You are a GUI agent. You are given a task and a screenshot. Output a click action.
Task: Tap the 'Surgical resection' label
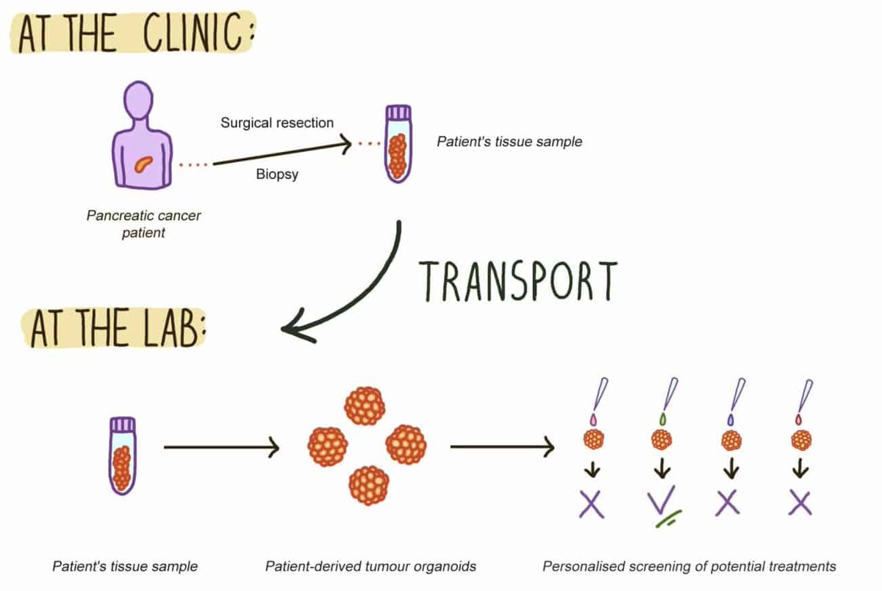[277, 123]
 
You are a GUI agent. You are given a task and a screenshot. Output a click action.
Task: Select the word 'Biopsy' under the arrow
[277, 175]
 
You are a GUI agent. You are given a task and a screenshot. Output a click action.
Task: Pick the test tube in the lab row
[122, 454]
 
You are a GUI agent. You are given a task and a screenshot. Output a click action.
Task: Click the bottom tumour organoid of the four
[368, 485]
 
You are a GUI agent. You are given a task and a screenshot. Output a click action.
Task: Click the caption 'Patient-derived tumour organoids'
[370, 567]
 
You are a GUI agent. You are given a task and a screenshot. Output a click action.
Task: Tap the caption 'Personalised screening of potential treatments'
[689, 567]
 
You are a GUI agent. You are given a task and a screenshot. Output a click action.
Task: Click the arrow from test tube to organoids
[220, 446]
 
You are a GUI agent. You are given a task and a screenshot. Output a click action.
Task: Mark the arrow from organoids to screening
[502, 446]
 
